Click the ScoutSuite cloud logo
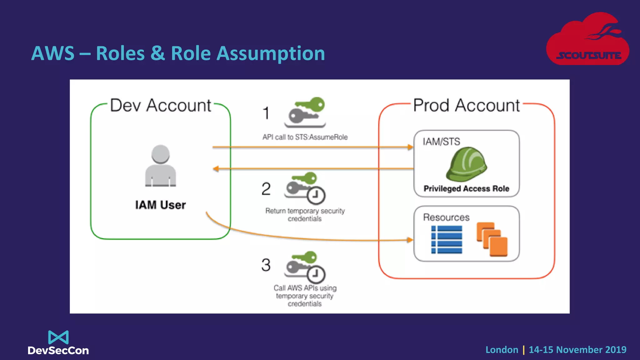587,39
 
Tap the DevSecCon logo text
58,350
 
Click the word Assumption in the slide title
271,53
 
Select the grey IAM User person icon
160,166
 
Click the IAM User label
160,205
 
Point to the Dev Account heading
161,105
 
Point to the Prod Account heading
467,105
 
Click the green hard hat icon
467,164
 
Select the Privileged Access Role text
466,188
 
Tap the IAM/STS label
441,142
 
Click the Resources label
446,217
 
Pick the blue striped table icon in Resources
447,240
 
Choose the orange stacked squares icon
492,239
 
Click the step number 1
266,113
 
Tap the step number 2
266,189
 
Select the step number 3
266,265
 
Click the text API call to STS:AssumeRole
305,137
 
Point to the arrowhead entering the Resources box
410,240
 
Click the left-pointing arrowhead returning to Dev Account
216,169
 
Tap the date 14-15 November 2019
577,349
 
